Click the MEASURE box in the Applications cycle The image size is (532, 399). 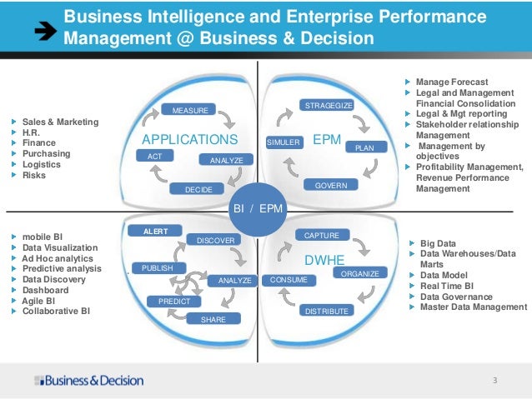point(190,110)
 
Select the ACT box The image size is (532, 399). point(155,156)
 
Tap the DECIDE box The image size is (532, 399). point(199,190)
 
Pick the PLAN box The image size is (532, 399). point(364,147)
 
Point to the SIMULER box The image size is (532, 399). point(283,142)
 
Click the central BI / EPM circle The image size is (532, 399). point(258,208)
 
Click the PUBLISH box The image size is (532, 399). point(158,268)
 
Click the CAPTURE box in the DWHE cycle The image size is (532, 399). point(321,236)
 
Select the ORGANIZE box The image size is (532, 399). point(360,273)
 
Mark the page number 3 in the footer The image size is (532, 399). point(494,381)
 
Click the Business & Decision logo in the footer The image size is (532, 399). point(89,381)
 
